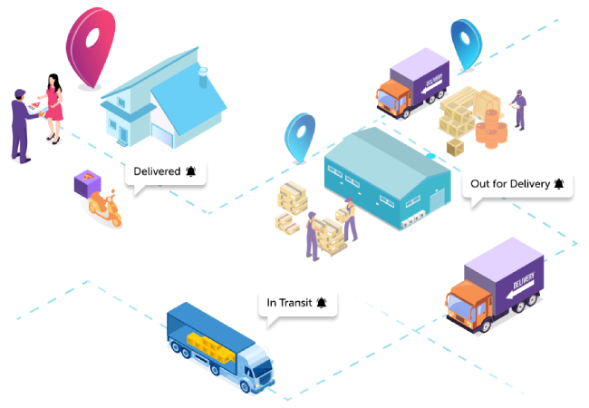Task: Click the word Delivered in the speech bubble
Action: click(157, 170)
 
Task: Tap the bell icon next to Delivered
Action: click(190, 170)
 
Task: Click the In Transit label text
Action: click(288, 302)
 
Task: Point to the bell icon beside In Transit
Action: click(322, 302)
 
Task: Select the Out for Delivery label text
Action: click(509, 184)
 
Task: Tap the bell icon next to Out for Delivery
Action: click(558, 184)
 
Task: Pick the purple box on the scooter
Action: click(88, 184)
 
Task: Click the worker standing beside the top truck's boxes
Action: click(518, 111)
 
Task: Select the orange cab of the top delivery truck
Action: click(395, 94)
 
